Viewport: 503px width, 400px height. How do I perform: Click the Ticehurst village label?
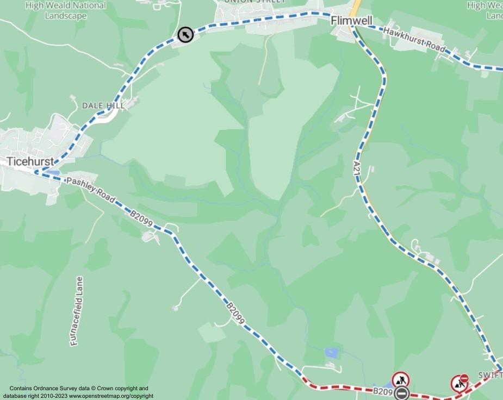click(x=30, y=161)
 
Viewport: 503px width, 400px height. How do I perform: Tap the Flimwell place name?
click(x=351, y=21)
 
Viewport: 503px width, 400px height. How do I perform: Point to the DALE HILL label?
click(x=103, y=105)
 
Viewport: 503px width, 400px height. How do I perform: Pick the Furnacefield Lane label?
click(x=76, y=311)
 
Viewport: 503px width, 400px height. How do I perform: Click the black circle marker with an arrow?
click(x=185, y=35)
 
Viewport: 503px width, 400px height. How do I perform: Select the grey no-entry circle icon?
click(x=402, y=393)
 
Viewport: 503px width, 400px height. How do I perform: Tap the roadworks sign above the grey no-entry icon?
click(x=400, y=379)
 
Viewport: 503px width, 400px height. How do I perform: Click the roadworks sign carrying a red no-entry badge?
click(x=459, y=384)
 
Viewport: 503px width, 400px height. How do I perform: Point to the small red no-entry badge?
click(x=464, y=378)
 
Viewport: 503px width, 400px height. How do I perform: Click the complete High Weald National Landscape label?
click(x=66, y=10)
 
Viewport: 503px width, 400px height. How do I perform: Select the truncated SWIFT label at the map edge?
click(x=490, y=376)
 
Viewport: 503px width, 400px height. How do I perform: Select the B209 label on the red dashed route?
click(x=382, y=391)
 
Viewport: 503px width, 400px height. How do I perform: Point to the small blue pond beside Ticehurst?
click(x=53, y=173)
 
